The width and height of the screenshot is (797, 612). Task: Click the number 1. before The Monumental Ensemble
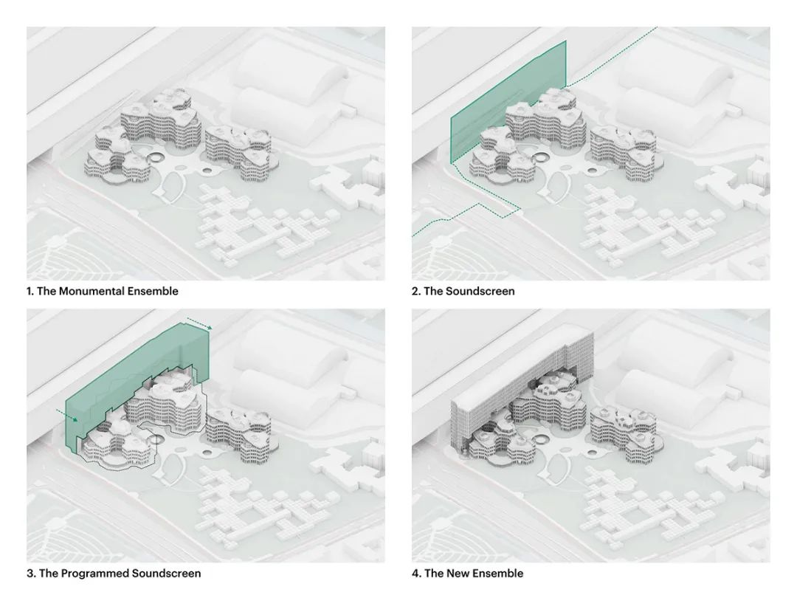coord(30,292)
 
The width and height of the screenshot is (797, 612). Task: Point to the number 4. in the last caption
coord(416,574)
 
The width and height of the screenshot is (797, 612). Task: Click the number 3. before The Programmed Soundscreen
coord(31,574)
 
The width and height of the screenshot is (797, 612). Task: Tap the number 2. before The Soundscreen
coord(415,292)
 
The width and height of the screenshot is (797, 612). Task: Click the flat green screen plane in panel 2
coord(508,102)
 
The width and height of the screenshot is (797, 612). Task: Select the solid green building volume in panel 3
coord(132,386)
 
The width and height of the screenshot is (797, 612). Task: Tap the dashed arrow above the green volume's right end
coord(199,324)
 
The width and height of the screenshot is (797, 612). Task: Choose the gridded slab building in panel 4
coord(523,391)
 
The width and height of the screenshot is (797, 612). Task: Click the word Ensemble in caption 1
coord(153,292)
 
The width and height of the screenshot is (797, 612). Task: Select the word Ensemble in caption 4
coord(497,574)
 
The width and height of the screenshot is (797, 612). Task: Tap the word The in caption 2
coord(434,292)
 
